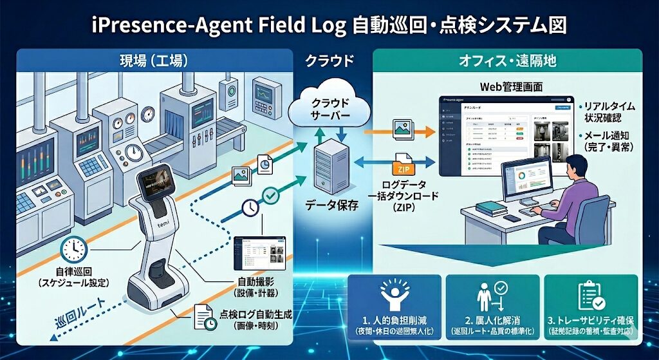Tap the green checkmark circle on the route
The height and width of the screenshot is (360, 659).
pyautogui.click(x=272, y=193)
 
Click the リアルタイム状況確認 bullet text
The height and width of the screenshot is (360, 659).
pyautogui.click(x=608, y=111)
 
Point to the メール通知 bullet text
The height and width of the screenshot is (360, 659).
pyautogui.click(x=609, y=142)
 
